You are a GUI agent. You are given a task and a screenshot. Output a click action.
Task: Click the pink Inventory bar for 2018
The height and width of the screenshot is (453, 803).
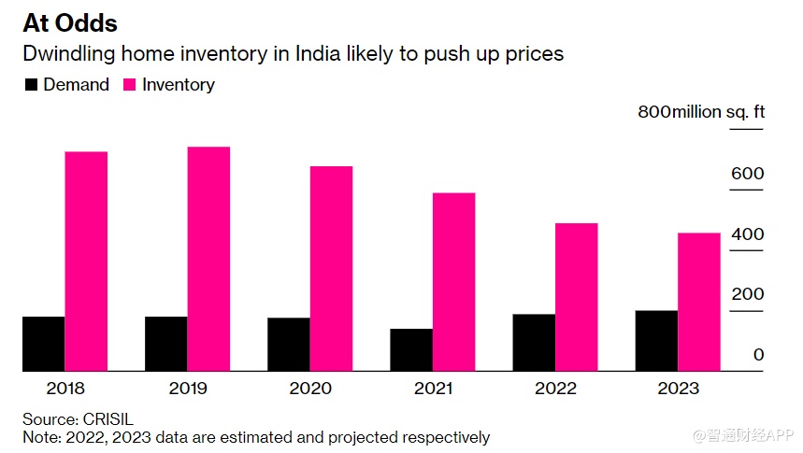pyautogui.click(x=86, y=262)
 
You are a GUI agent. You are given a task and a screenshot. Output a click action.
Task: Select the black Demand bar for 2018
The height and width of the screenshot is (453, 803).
pyautogui.click(x=44, y=344)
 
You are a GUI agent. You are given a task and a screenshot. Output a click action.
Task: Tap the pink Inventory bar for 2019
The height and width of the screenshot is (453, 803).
pyautogui.click(x=208, y=259)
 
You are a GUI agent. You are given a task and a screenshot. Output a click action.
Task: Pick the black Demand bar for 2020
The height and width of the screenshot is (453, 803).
pyautogui.click(x=289, y=345)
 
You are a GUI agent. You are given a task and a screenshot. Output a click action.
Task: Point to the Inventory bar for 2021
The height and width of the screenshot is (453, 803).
pyautogui.click(x=453, y=282)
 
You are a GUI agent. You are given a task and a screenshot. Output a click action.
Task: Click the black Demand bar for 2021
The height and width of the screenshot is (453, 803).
pyautogui.click(x=411, y=350)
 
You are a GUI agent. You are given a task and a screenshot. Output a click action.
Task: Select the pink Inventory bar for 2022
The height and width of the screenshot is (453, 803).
pyautogui.click(x=577, y=297)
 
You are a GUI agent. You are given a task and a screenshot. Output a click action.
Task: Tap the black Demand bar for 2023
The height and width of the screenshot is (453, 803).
pyautogui.click(x=656, y=341)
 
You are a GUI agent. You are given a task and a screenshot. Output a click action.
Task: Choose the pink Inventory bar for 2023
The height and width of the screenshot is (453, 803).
pyautogui.click(x=699, y=302)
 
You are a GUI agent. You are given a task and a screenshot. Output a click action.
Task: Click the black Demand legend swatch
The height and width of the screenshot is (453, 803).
pyautogui.click(x=31, y=85)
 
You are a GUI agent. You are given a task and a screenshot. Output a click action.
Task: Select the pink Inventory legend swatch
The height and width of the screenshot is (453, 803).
pyautogui.click(x=128, y=85)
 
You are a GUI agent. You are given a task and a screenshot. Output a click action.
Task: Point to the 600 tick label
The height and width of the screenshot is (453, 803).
pyautogui.click(x=747, y=174)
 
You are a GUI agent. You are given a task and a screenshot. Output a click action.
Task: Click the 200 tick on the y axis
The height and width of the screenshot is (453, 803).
pyautogui.click(x=747, y=294)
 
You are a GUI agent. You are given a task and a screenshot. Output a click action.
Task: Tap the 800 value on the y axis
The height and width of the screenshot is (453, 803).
pyautogui.click(x=653, y=112)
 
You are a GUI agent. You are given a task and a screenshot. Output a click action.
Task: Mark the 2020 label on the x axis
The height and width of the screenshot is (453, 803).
pyautogui.click(x=310, y=389)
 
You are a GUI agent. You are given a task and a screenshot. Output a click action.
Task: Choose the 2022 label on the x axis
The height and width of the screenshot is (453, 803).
pyautogui.click(x=555, y=389)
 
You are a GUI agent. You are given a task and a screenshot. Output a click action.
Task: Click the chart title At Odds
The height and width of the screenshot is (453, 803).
pyautogui.click(x=70, y=21)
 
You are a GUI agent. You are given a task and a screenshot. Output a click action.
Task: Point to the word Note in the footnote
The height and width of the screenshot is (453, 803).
pyautogui.click(x=39, y=437)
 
